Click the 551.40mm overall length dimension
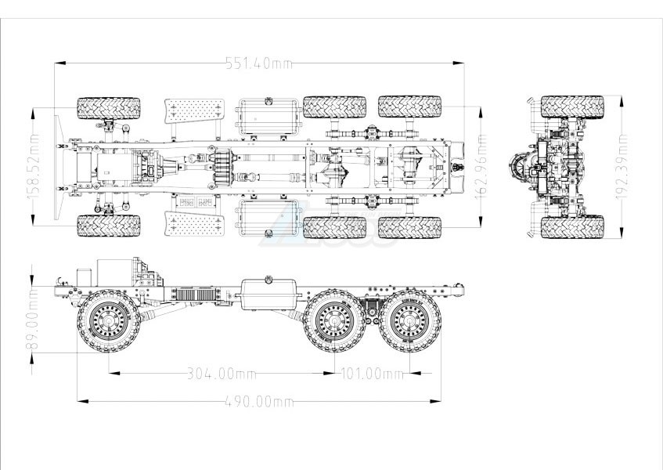click(259, 63)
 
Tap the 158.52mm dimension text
click(33, 166)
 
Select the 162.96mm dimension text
click(481, 166)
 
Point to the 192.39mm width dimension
click(622, 166)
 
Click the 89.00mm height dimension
click(32, 319)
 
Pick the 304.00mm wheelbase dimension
click(222, 374)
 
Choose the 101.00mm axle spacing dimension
click(372, 374)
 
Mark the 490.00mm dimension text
click(259, 401)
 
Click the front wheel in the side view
click(109, 321)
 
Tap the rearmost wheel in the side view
click(409, 321)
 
